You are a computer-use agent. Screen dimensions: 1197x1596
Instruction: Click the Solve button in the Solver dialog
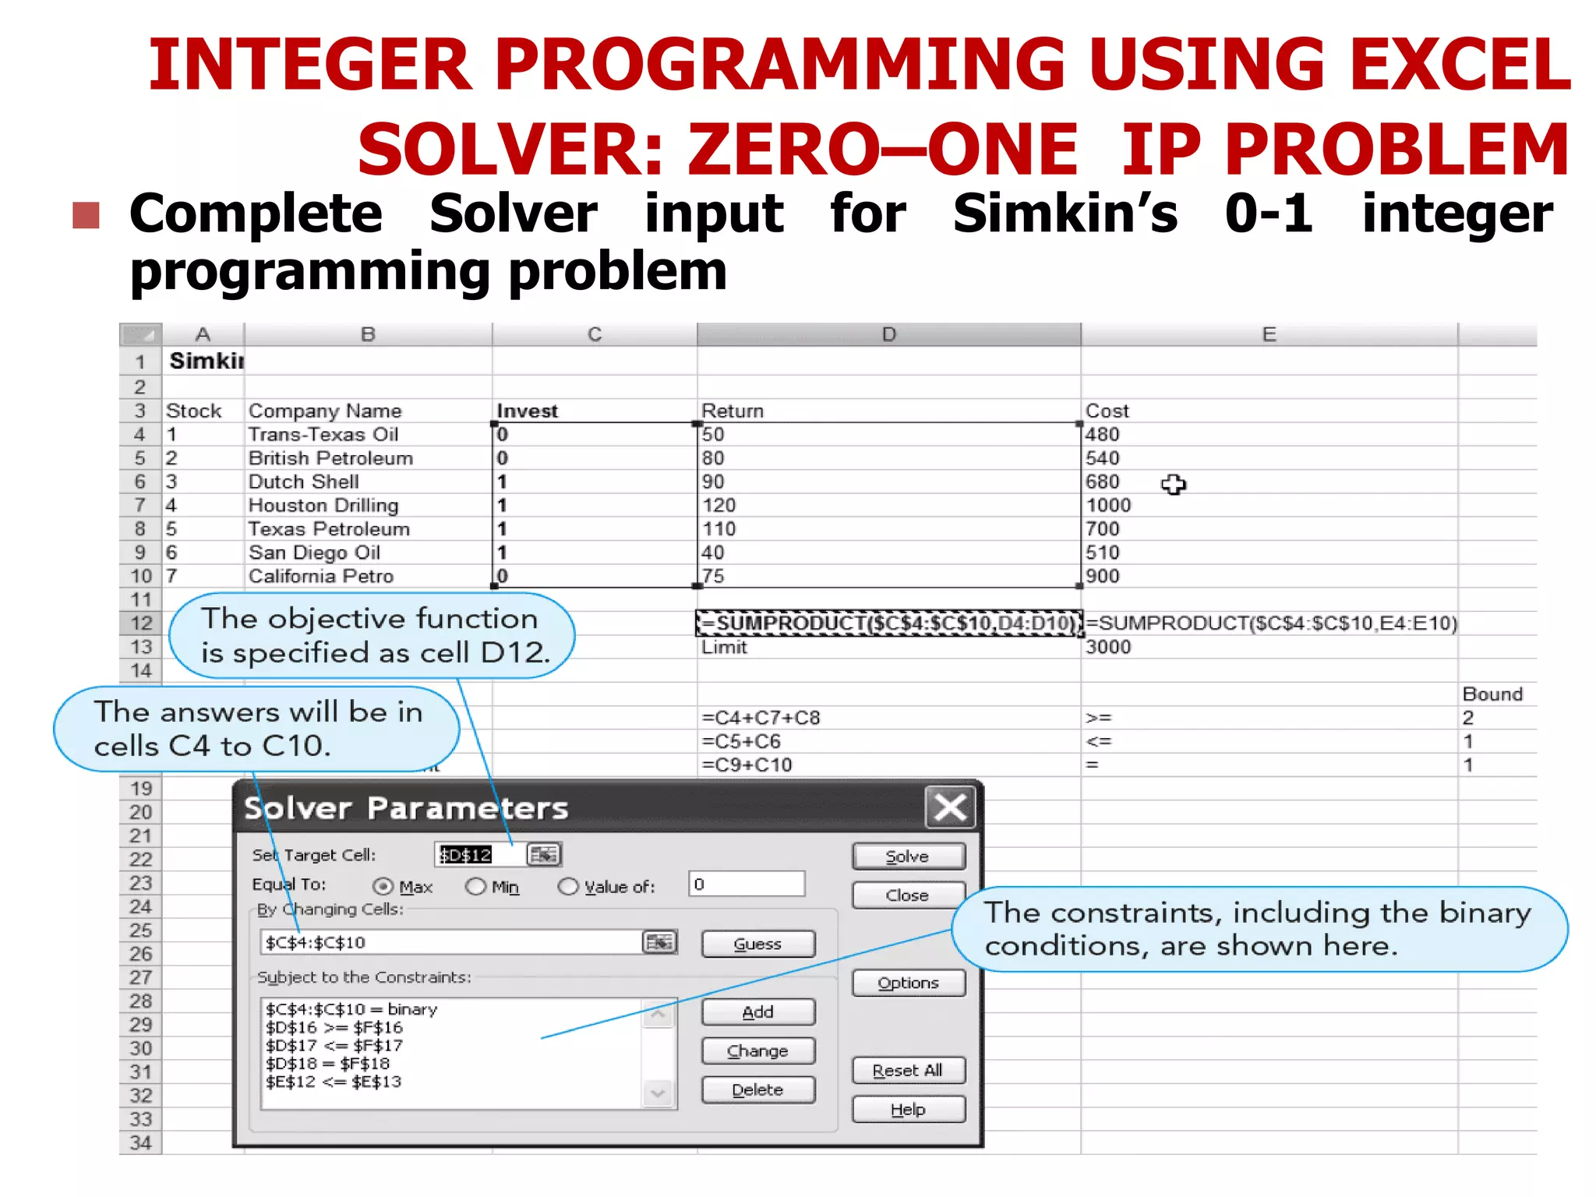point(908,856)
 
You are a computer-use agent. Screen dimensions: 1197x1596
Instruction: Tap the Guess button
point(757,944)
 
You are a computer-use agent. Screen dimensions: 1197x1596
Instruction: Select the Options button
point(908,983)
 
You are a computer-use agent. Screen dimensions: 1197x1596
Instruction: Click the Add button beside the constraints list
point(757,1012)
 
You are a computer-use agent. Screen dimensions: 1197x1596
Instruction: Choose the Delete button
point(757,1089)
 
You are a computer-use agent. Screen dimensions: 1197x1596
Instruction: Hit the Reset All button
point(908,1071)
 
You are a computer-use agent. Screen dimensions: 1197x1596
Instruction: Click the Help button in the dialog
point(908,1109)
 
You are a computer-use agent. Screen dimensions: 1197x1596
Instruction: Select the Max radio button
point(383,886)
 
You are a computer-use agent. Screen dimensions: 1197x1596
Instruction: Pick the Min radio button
point(475,886)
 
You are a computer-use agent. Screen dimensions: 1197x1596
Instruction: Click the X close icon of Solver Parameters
point(950,807)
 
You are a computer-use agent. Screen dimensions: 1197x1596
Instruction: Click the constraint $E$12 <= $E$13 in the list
point(334,1082)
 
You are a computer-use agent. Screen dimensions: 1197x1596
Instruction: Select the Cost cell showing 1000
point(1108,505)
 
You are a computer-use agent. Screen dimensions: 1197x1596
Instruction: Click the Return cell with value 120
point(719,505)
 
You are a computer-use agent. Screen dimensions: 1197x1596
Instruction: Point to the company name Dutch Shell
point(304,482)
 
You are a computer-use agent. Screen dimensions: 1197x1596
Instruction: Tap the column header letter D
point(888,334)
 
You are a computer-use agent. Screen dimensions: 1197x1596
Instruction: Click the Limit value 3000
point(1108,647)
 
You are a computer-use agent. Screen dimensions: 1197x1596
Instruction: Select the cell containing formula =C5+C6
point(741,741)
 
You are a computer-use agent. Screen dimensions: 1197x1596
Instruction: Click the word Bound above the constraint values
point(1492,694)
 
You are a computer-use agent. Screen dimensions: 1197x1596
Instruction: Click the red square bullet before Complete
point(86,215)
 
